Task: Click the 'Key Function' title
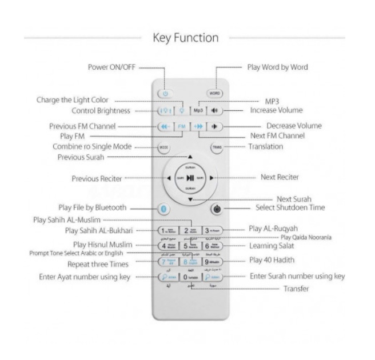click(x=186, y=38)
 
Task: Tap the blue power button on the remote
click(x=165, y=93)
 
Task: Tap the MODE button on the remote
click(x=164, y=147)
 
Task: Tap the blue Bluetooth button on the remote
click(x=164, y=209)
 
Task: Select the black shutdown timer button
click(x=217, y=209)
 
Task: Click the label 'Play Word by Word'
click(x=277, y=67)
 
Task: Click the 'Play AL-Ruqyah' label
click(x=273, y=229)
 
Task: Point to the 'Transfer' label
click(x=297, y=289)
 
